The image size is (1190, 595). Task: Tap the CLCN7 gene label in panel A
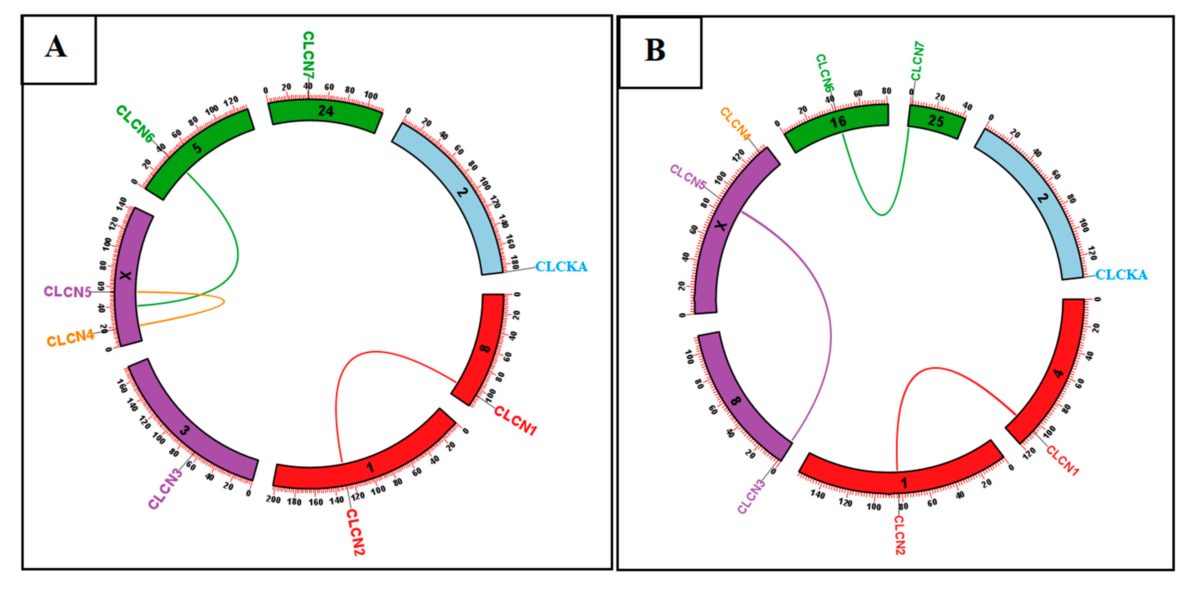308,55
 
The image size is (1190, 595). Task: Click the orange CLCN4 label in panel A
70,339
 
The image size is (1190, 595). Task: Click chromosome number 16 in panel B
838,122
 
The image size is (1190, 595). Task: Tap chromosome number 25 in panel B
936,121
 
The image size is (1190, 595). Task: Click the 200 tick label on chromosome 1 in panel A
273,499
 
